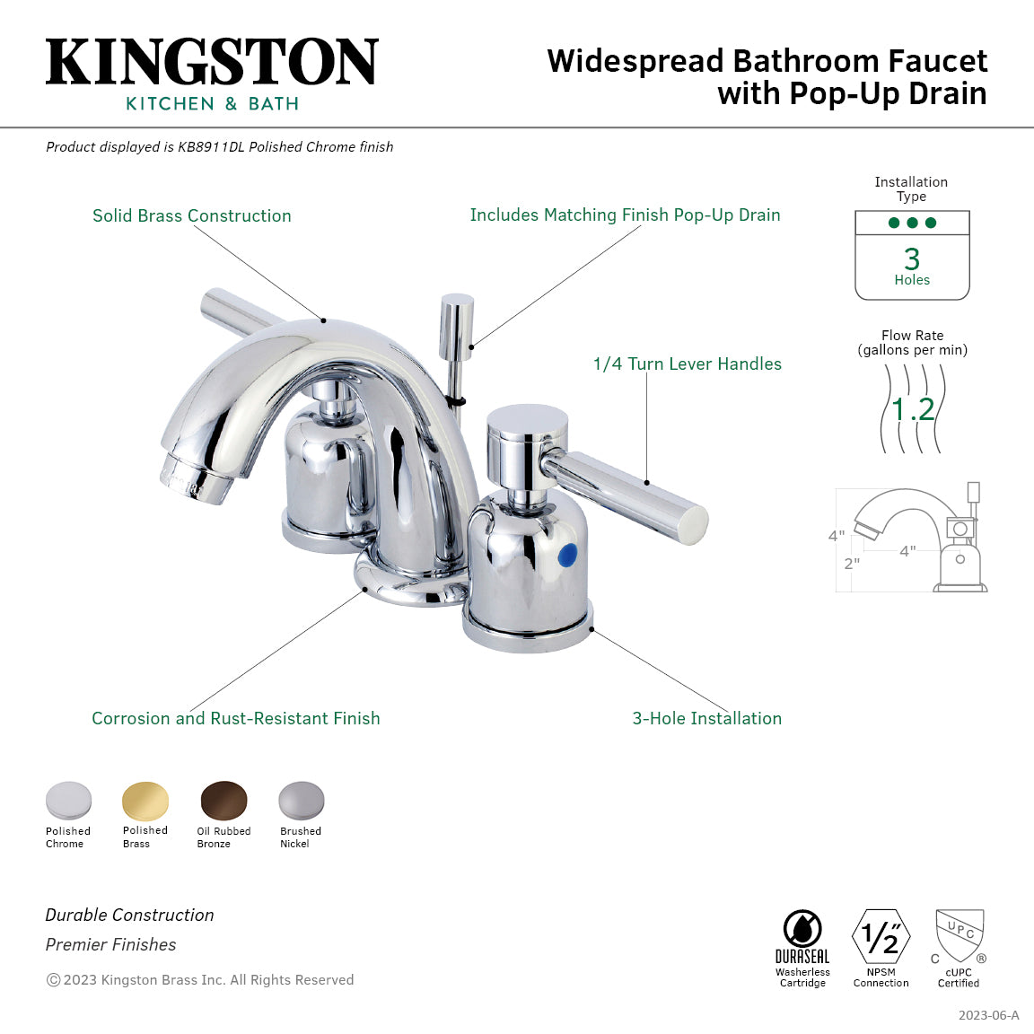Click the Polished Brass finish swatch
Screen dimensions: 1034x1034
[x=145, y=801]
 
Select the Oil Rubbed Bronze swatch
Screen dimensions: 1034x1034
[x=223, y=801]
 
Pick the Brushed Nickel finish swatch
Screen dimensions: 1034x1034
[x=301, y=801]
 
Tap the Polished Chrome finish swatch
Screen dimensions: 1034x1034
[x=68, y=801]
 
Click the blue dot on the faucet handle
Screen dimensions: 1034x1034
[x=566, y=556]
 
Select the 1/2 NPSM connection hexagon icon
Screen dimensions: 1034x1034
[x=881, y=937]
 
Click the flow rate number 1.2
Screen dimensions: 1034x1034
[x=913, y=410]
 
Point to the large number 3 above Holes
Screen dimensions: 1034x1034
[x=912, y=259]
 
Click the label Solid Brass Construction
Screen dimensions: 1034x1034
[x=192, y=215]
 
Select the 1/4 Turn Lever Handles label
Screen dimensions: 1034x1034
[x=687, y=364]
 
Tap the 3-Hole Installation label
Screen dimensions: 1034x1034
[x=706, y=718]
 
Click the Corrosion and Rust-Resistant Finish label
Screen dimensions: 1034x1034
[x=235, y=718]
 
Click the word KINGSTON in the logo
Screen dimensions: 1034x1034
[x=212, y=63]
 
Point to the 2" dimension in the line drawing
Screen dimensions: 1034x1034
[x=851, y=564]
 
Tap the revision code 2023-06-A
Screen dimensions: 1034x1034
[x=988, y=1015]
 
